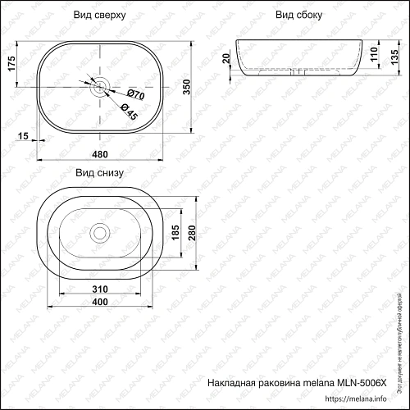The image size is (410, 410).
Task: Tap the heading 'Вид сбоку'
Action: coord(298,16)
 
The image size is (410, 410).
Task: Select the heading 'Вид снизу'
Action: coord(99,173)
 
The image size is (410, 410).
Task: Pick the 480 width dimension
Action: coord(101,155)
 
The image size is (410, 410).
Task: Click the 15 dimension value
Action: coord(22,135)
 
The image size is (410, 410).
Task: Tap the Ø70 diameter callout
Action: coord(135,96)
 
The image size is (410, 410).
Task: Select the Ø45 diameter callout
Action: coord(128,112)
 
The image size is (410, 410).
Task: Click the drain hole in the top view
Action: coord(99,84)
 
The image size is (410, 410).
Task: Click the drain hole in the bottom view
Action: coord(99,232)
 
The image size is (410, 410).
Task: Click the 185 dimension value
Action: coord(175,234)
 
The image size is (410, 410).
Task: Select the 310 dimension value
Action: coord(100,290)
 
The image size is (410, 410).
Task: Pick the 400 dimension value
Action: coord(100,303)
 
